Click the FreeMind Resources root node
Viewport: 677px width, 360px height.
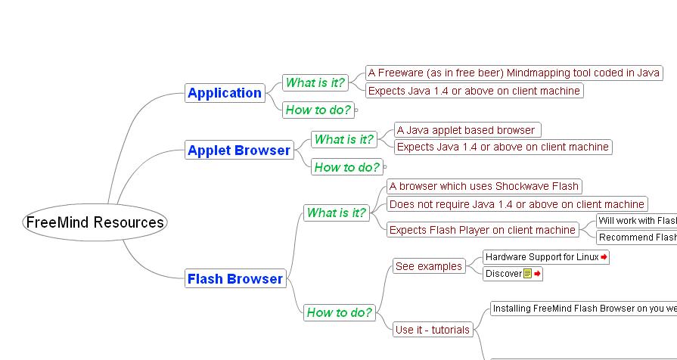point(95,222)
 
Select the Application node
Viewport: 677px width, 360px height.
point(225,93)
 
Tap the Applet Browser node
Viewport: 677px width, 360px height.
point(238,150)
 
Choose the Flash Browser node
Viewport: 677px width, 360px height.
point(234,278)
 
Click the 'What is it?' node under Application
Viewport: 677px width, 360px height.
point(315,82)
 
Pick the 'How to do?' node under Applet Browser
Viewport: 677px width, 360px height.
point(346,167)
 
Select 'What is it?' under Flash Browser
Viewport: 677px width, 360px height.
point(336,213)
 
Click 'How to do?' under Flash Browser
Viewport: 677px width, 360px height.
point(339,312)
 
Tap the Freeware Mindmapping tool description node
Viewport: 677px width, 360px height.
point(514,73)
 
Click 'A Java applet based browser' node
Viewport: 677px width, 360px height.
point(467,130)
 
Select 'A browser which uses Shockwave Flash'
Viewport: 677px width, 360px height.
point(484,186)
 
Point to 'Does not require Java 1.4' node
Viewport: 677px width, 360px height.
point(517,204)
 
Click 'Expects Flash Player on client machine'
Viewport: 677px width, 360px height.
point(483,230)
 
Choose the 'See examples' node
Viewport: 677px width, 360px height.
point(428,266)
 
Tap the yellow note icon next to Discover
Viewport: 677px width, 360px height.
point(528,274)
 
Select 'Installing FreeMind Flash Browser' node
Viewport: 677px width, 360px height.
point(583,308)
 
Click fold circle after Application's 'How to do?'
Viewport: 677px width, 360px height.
point(356,110)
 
